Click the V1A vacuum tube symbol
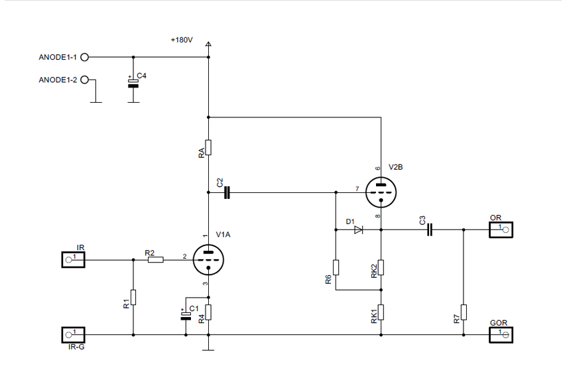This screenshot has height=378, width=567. (x=208, y=260)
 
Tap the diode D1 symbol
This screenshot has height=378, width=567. (x=359, y=230)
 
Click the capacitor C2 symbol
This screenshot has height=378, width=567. (x=227, y=192)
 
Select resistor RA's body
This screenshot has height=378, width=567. (x=208, y=147)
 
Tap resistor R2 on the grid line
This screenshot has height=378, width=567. (x=156, y=260)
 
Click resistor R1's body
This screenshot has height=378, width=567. (x=133, y=297)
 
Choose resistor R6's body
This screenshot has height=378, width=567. (x=336, y=267)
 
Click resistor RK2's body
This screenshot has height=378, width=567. (x=381, y=267)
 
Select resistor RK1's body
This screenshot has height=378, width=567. (x=381, y=312)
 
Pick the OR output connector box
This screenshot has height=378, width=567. (x=501, y=229)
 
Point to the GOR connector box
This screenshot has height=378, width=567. (x=501, y=335)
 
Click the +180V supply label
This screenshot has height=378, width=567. (x=182, y=40)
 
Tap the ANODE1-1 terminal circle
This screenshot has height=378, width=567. (x=84, y=58)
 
